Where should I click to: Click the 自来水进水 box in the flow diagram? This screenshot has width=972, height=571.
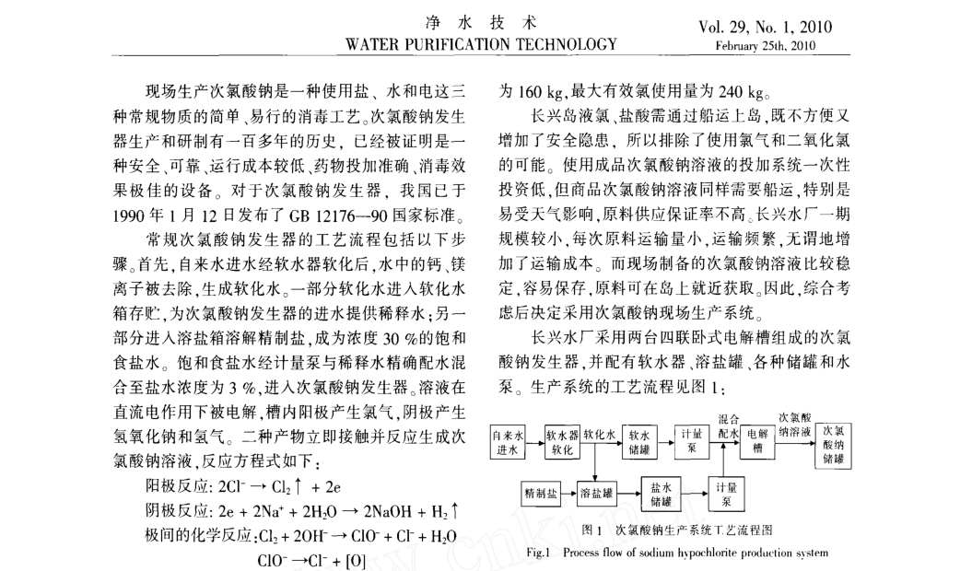point(509,441)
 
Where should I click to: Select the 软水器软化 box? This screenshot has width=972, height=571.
point(562,441)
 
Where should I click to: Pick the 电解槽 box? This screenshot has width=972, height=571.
point(758,441)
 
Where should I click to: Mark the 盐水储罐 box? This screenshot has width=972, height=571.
point(661,495)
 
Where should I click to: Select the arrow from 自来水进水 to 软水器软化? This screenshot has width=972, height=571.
point(536,441)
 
